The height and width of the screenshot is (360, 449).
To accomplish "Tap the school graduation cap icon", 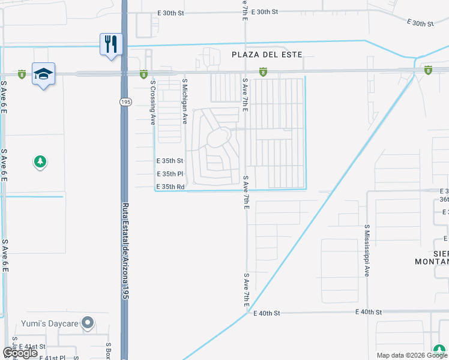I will pyautogui.click(x=44, y=73).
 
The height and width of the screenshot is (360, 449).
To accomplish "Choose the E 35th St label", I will pyautogui.click(x=169, y=161).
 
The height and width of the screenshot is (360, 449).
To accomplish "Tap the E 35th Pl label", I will pyautogui.click(x=169, y=174).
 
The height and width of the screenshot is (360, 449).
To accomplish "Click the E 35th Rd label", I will pyautogui.click(x=170, y=187).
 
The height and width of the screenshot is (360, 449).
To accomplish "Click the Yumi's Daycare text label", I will pyautogui.click(x=51, y=323).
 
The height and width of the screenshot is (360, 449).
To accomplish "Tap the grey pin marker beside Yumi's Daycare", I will pyautogui.click(x=88, y=323).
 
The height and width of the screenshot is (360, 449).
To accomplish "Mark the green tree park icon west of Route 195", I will pyautogui.click(x=40, y=161).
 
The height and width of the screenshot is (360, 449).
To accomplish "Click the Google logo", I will pyautogui.click(x=20, y=353).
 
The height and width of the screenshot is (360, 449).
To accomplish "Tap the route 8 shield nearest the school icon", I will pyautogui.click(x=22, y=74).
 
